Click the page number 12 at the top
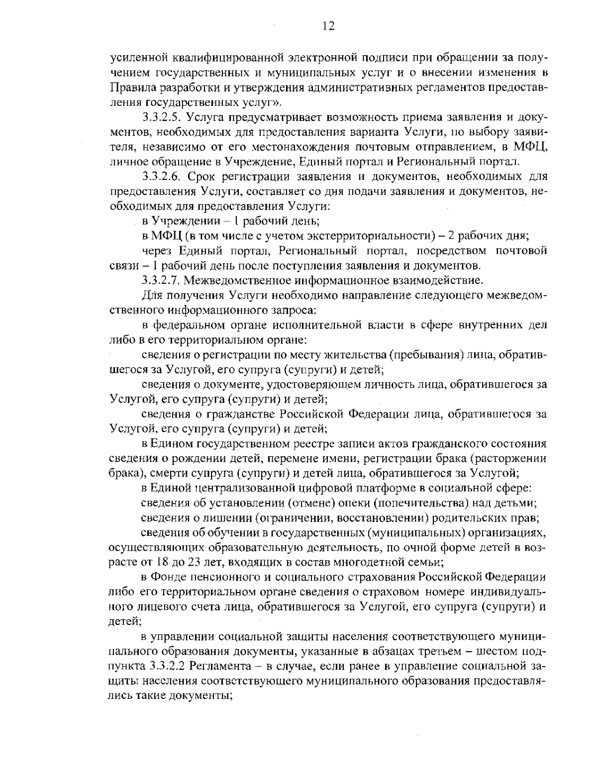pyautogui.click(x=328, y=26)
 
